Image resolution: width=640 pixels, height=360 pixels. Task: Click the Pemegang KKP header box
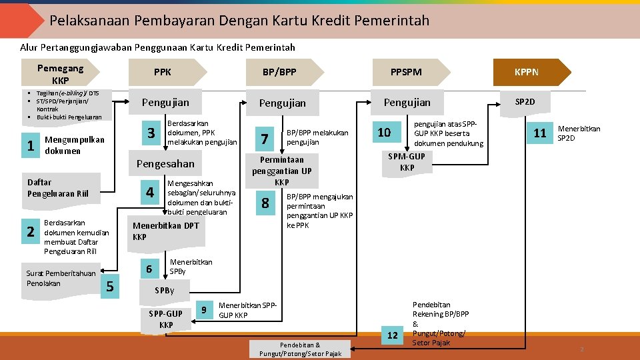61,73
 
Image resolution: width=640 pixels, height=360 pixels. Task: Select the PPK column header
163,72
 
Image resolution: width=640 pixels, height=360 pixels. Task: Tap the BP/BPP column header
279,72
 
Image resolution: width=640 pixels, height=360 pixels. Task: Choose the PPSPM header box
406,72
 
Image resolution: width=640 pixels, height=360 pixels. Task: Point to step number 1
30,145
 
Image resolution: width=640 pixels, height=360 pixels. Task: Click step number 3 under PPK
151,133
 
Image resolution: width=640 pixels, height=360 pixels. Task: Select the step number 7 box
265,139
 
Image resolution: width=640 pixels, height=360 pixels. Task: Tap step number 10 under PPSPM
384,132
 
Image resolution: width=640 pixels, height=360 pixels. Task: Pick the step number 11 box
539,133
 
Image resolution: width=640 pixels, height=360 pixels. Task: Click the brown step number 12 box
393,335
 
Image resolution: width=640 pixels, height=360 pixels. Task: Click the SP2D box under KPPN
525,102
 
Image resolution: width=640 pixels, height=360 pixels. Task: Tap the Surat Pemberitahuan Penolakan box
61,278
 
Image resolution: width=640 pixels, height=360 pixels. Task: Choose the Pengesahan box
165,164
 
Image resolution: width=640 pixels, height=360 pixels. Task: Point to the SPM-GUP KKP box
407,162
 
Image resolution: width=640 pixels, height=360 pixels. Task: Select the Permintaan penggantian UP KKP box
282,171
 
